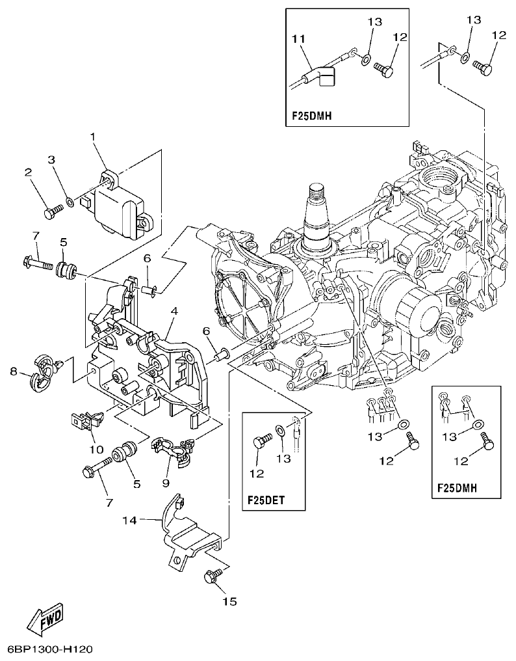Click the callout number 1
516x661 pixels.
point(92,137)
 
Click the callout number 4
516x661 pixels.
point(174,312)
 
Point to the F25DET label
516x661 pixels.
point(266,501)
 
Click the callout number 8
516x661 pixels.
point(14,372)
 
